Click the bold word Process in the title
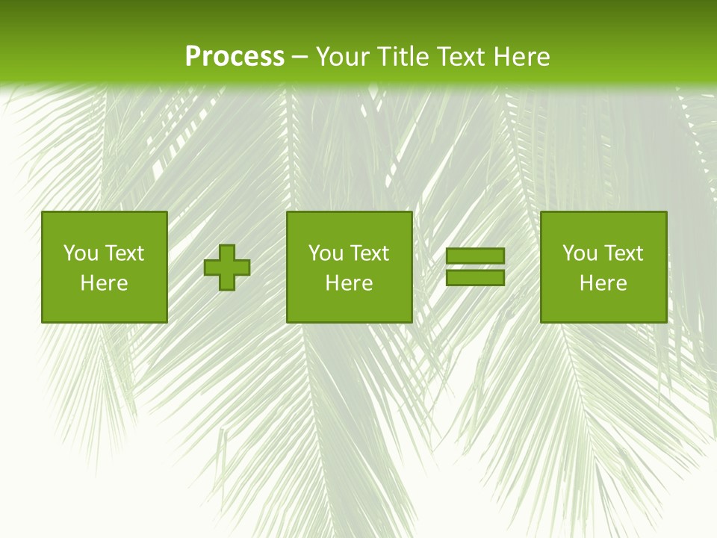235,57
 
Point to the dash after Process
300,58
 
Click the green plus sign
227,268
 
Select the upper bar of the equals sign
475,256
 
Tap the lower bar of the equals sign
475,277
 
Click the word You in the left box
81,253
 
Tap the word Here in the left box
104,283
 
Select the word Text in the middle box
370,253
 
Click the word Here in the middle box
349,283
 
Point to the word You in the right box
580,253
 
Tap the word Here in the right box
603,283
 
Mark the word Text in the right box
624,253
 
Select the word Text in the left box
125,253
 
